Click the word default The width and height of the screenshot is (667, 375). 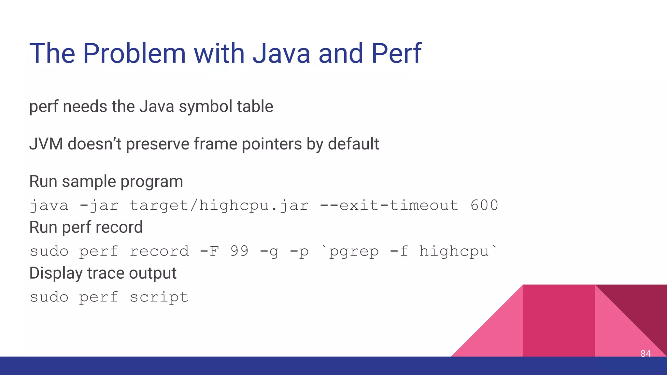[353, 144]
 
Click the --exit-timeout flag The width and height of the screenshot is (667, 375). [389, 205]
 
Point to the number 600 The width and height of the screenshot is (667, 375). [484, 205]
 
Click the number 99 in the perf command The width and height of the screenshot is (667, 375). [239, 251]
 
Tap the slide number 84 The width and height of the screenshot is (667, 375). [646, 354]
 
